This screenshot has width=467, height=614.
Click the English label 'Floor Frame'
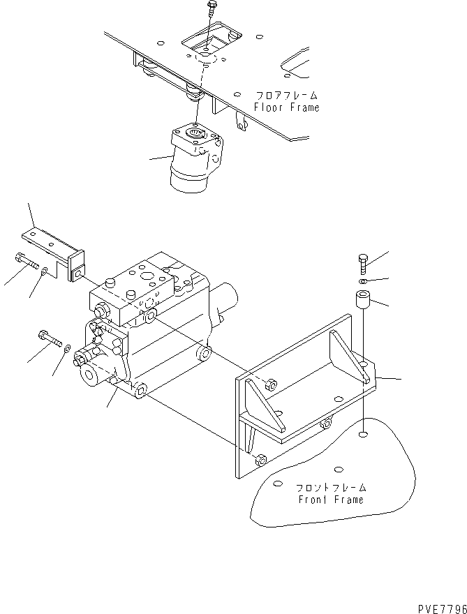[x=286, y=107]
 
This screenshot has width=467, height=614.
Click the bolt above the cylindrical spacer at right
[x=362, y=264]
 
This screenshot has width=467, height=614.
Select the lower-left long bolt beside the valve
[x=50, y=340]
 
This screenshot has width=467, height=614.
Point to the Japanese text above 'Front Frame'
[x=329, y=487]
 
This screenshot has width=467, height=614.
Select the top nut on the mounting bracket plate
[x=272, y=384]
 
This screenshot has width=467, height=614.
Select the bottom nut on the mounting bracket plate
[x=261, y=460]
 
